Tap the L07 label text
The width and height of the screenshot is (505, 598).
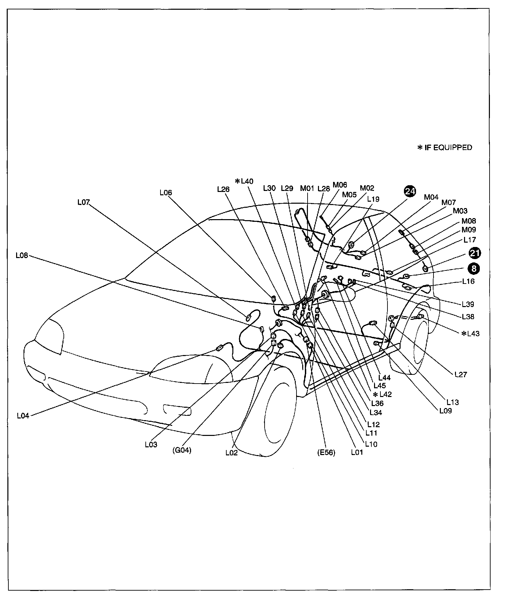84,202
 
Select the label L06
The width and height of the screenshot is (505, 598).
166,193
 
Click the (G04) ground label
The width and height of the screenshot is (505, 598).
182,450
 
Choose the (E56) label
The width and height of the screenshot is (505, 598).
326,452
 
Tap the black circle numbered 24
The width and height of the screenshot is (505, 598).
410,191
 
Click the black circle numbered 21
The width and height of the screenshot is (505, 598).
474,253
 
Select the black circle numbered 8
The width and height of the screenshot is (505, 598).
474,268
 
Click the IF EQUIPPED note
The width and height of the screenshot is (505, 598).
445,148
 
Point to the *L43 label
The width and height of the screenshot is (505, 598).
470,334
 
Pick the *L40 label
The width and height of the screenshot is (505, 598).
244,181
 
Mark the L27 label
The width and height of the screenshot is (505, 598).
461,375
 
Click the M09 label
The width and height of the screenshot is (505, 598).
468,230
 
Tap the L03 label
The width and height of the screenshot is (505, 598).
151,444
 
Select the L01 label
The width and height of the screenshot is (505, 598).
357,452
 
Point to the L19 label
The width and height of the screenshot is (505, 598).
373,199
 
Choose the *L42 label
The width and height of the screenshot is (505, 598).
382,394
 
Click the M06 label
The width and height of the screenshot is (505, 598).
340,185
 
